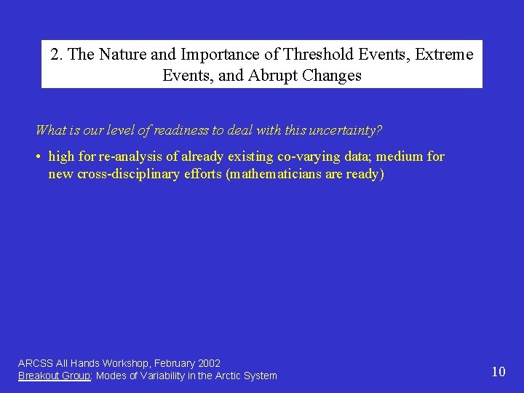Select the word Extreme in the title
(445, 55)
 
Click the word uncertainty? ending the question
(345, 130)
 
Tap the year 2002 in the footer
(208, 363)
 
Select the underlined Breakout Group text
(54, 376)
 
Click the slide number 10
(498, 372)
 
